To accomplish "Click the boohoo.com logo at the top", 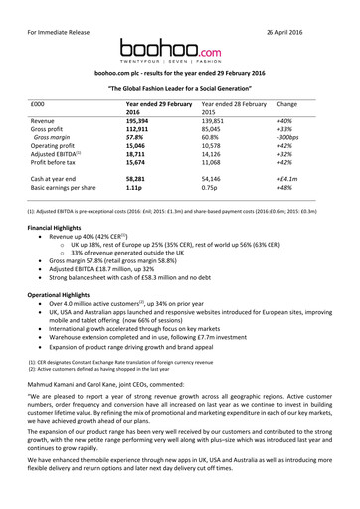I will [x=180, y=46].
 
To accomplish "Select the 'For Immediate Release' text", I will [x=53, y=13].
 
